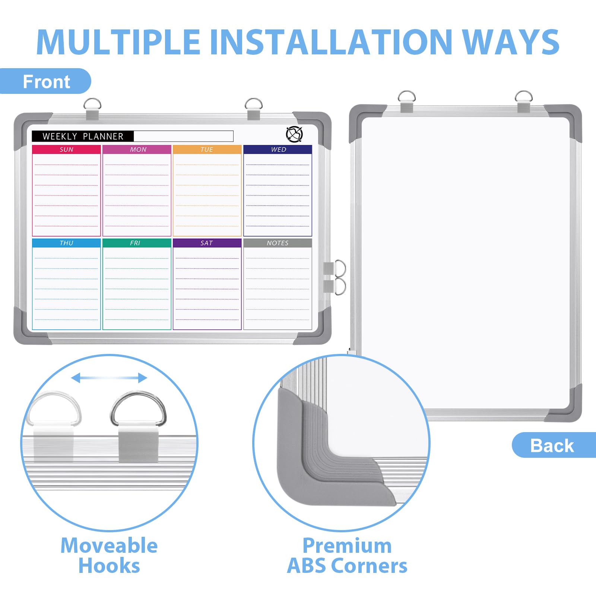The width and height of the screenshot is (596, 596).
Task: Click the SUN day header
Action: click(x=66, y=149)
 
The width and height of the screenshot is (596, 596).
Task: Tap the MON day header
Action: click(x=137, y=149)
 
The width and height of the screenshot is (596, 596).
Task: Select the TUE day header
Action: click(x=207, y=149)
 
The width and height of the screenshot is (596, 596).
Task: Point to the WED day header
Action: click(x=278, y=149)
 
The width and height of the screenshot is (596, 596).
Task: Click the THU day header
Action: click(x=66, y=243)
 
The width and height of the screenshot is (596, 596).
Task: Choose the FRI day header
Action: click(x=137, y=243)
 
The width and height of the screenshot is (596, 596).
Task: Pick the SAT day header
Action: click(x=207, y=243)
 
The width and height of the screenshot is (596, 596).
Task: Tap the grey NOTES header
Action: click(x=278, y=243)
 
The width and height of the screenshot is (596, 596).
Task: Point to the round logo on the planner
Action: click(x=294, y=134)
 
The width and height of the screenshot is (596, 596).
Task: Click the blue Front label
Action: click(x=45, y=81)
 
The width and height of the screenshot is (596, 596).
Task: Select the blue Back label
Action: click(x=554, y=445)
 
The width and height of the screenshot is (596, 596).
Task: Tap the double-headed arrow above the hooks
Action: click(x=109, y=378)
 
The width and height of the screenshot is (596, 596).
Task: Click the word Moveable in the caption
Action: click(x=109, y=546)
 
